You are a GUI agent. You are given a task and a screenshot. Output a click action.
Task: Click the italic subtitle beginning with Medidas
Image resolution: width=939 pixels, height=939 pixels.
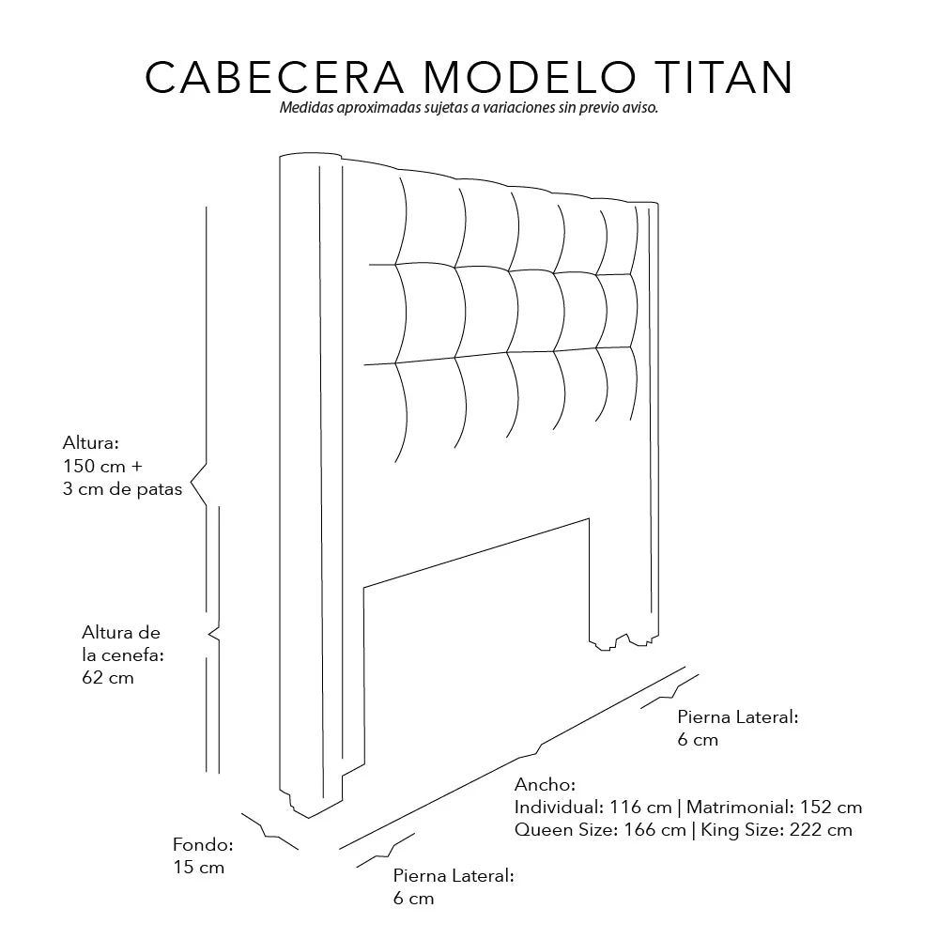coord(469,108)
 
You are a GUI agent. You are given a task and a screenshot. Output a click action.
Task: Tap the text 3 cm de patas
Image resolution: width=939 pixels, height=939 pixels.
coord(122,489)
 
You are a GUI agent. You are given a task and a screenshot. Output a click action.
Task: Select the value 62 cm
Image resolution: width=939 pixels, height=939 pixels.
coord(108,677)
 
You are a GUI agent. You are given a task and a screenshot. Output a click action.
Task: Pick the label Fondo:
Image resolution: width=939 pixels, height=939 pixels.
coord(203,844)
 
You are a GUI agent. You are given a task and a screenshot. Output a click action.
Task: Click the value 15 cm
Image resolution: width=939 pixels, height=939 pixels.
coord(199,867)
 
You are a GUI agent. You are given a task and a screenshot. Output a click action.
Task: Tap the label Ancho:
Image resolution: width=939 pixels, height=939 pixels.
coord(545,784)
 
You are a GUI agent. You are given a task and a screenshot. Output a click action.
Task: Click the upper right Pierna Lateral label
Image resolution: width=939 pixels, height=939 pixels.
coord(737,717)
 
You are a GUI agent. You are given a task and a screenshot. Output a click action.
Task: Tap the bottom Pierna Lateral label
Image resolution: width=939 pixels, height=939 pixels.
coord(454,876)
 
